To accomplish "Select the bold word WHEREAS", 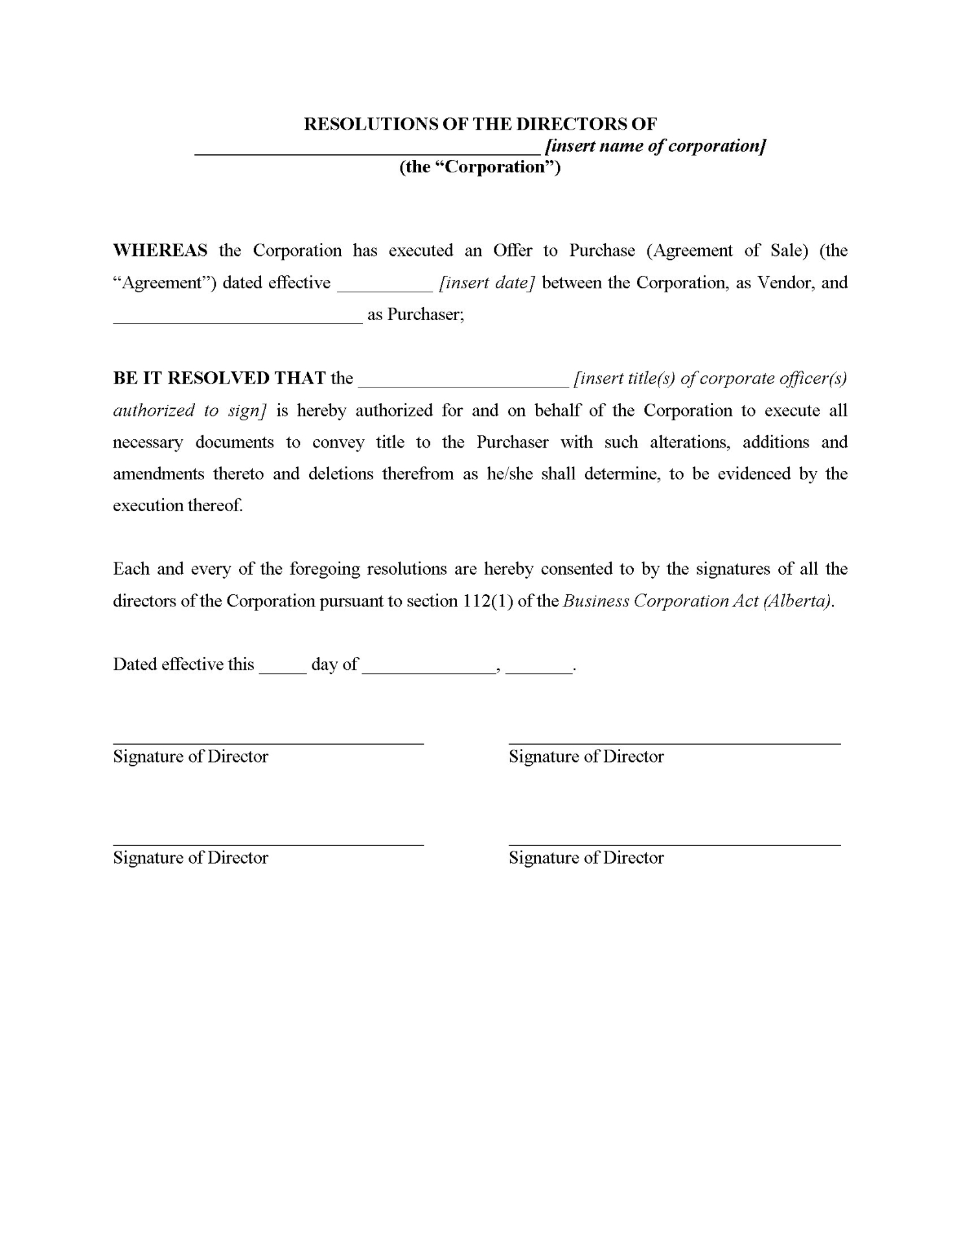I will tap(160, 251).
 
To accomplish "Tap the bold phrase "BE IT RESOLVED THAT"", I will tap(219, 378).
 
